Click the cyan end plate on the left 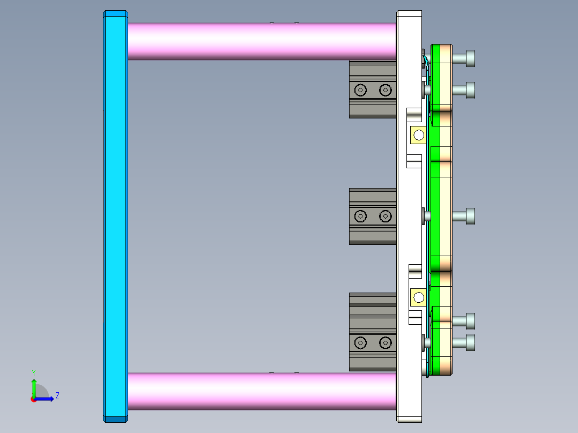(x=115, y=214)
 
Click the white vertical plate (x=409, y=214)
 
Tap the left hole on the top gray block (x=361, y=90)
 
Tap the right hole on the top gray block (x=386, y=90)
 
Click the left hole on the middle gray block (x=361, y=216)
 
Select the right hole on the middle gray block (x=386, y=216)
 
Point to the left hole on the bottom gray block (x=361, y=342)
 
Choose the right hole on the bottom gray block (x=386, y=342)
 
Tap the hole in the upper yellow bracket (x=419, y=135)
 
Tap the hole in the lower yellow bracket (x=419, y=297)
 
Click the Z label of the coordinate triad (x=57, y=396)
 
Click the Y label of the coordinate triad (x=34, y=372)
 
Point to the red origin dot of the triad (x=34, y=399)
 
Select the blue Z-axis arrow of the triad (x=46, y=399)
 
